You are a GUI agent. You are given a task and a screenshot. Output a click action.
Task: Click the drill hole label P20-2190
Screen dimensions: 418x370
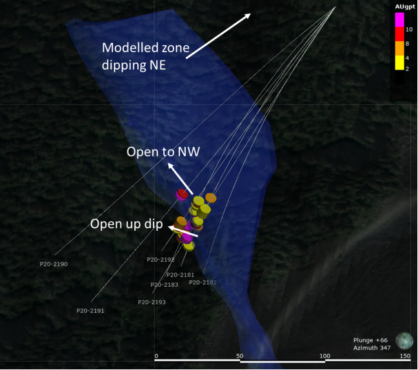pyautogui.click(x=54, y=264)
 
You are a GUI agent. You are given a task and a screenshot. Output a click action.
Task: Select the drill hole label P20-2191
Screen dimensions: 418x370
pyautogui.click(x=90, y=311)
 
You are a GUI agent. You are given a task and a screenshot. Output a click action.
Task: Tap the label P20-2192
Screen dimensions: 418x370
pyautogui.click(x=161, y=260)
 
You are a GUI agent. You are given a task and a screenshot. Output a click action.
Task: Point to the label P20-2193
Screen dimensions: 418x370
pyautogui.click(x=152, y=302)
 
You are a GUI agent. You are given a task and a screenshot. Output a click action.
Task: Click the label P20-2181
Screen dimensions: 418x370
pyautogui.click(x=180, y=275)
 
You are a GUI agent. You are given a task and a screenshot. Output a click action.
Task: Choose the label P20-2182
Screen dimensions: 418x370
pyautogui.click(x=203, y=282)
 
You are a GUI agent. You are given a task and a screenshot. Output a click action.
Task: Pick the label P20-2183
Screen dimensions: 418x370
pyautogui.click(x=164, y=284)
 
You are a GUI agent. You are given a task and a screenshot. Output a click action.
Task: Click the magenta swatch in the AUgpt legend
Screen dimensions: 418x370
pyautogui.click(x=399, y=20)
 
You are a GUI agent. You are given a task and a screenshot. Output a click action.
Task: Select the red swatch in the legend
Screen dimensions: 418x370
pyautogui.click(x=399, y=34)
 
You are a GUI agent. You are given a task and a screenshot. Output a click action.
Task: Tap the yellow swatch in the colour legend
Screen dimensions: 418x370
pyautogui.click(x=399, y=63)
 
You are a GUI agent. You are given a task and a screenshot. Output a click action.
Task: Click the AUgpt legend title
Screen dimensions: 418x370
pyautogui.click(x=405, y=6)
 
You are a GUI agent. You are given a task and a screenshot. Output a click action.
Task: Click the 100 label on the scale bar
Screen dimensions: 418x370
pyautogui.click(x=324, y=356)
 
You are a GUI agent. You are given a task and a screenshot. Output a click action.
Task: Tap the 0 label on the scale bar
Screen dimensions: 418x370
pyautogui.click(x=156, y=356)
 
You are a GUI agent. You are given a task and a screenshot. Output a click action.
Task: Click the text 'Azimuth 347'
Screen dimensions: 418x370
pyautogui.click(x=372, y=348)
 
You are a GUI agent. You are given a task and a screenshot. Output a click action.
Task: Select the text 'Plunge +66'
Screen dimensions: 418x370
pyautogui.click(x=370, y=340)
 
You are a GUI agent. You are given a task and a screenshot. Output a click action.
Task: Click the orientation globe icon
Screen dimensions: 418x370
pyautogui.click(x=404, y=340)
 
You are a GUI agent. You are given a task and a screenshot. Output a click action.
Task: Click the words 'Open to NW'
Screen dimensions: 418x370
pyautogui.click(x=163, y=152)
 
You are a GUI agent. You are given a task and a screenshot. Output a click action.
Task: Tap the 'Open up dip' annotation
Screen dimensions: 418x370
pyautogui.click(x=126, y=224)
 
